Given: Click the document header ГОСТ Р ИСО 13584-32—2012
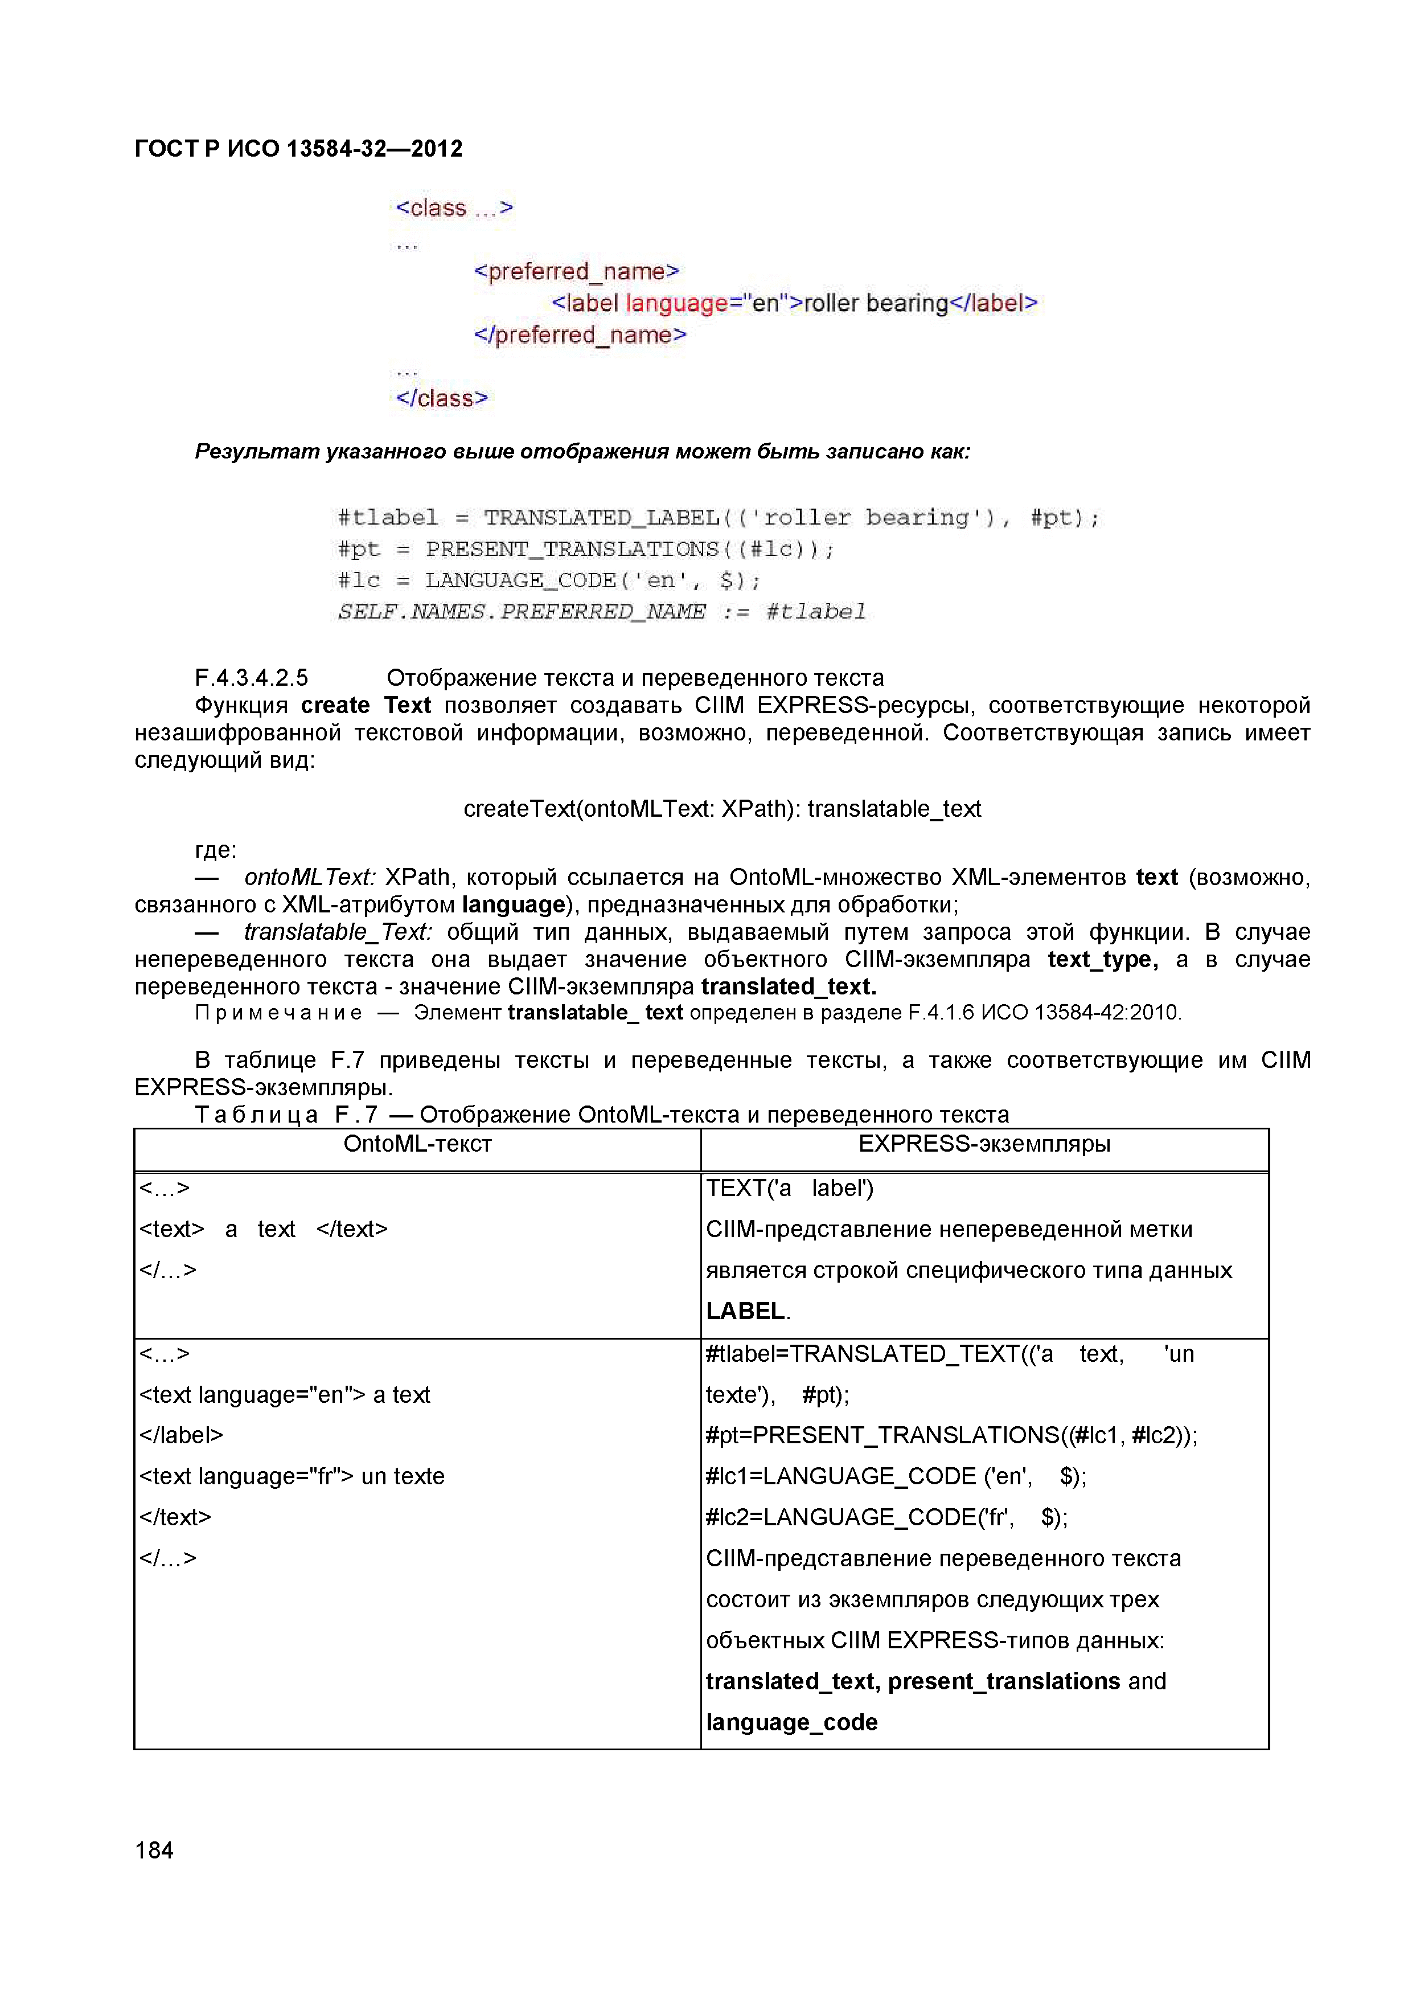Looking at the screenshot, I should point(298,149).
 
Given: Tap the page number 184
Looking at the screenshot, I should point(154,1850).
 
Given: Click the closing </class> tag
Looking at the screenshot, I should point(441,399).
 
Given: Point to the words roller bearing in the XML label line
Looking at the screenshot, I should point(875,303).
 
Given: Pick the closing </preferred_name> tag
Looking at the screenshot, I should point(580,335).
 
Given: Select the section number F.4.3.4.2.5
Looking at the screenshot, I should point(252,677).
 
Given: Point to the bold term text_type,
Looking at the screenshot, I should point(1102,959).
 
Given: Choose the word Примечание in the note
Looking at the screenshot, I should point(278,1013).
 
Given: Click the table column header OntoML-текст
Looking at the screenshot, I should point(417,1144).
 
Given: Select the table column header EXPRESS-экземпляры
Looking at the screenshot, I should point(984,1144).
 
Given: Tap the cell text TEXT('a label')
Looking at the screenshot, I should point(789,1188).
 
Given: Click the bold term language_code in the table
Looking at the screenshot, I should point(791,1722).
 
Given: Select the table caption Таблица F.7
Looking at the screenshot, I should point(286,1115).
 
